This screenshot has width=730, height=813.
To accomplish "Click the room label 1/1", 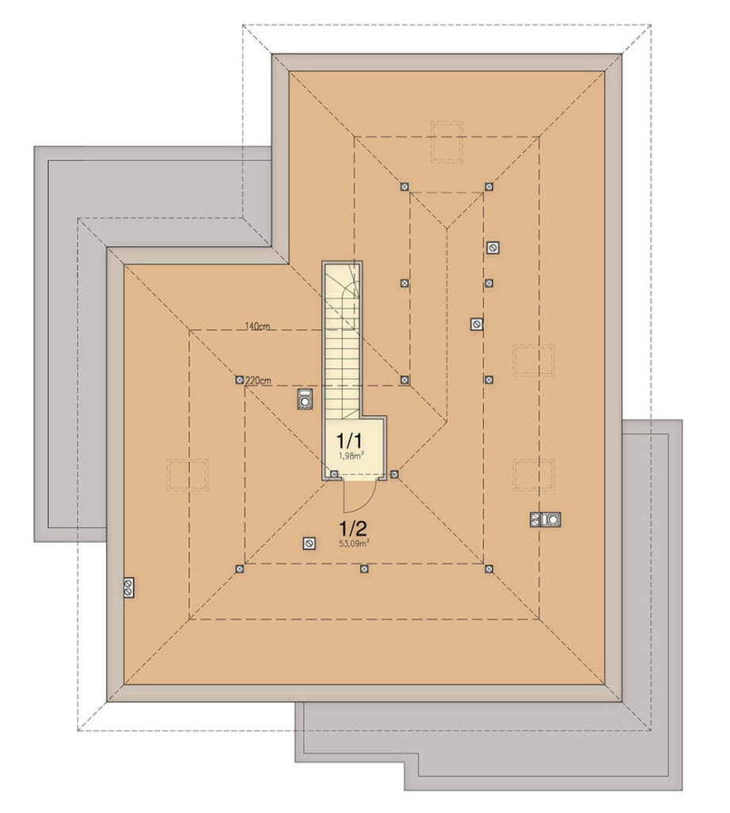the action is [349, 441].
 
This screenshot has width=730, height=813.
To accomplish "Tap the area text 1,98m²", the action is [351, 456].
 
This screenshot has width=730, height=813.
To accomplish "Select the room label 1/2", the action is [352, 529].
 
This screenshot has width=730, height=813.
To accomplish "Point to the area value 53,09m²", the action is [354, 543].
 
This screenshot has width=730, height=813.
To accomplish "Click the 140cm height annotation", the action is [258, 326].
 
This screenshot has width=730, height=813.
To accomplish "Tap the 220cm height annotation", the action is [258, 381].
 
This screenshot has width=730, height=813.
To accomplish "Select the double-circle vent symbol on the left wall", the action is [128, 588].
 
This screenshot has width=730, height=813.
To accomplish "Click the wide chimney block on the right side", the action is [545, 519].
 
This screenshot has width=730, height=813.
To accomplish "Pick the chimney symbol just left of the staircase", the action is [305, 399].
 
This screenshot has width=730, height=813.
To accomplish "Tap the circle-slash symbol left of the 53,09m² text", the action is [309, 543].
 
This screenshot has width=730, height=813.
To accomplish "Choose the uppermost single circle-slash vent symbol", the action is [494, 248].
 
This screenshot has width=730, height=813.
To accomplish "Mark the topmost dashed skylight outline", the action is [447, 142].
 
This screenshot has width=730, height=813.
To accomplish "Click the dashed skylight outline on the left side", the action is [187, 475].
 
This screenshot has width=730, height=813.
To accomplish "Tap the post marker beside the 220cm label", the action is [239, 380].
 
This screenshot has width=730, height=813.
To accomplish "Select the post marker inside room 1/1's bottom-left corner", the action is [334, 474].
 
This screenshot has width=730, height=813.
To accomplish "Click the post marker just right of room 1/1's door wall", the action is [394, 474].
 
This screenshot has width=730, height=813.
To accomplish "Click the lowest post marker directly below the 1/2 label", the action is [364, 568].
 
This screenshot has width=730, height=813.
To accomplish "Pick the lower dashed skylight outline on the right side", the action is [534, 475].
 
